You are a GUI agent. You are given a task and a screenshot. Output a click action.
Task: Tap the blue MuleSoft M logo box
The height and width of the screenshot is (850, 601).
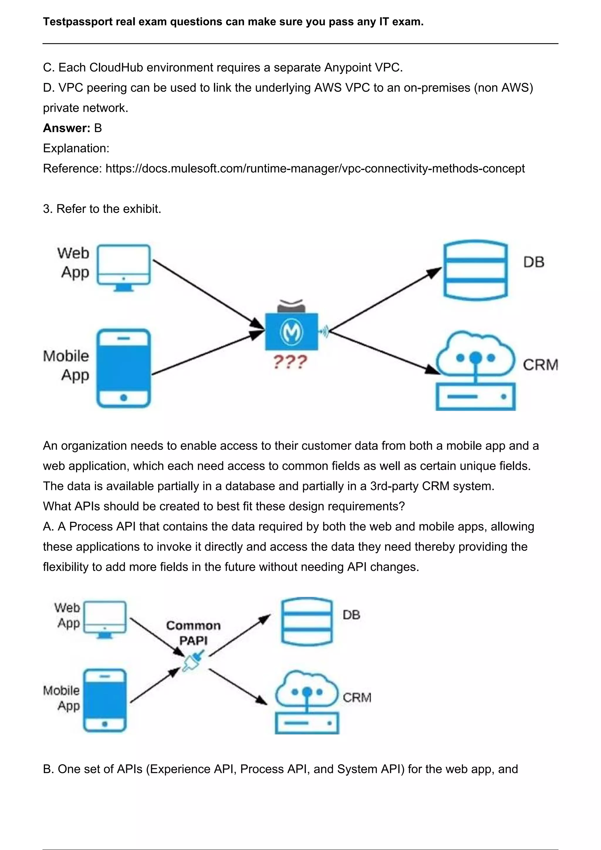(291, 332)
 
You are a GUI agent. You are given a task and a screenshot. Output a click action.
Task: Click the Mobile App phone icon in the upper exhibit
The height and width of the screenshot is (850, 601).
(124, 368)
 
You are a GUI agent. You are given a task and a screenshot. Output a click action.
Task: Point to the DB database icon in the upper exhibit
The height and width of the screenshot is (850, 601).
(475, 270)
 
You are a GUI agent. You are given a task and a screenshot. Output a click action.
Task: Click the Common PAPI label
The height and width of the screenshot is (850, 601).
(193, 633)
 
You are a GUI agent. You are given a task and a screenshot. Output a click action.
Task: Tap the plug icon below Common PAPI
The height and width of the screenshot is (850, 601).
(193, 660)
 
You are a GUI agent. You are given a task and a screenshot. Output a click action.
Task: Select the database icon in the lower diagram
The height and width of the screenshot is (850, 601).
(307, 622)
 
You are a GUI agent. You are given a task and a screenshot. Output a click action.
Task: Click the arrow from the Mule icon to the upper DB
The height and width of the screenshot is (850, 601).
(385, 299)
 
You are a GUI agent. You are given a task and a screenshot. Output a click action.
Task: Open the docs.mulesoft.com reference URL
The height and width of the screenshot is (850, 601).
(315, 168)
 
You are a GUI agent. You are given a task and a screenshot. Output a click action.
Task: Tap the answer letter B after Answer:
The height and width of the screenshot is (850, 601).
(98, 128)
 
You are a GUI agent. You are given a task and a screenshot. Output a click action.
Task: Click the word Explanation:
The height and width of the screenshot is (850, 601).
(76, 149)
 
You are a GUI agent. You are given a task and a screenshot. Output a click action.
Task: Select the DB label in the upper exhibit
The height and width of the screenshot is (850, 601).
(534, 262)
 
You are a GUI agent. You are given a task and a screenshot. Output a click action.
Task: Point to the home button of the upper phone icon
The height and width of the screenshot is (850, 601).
(124, 398)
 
